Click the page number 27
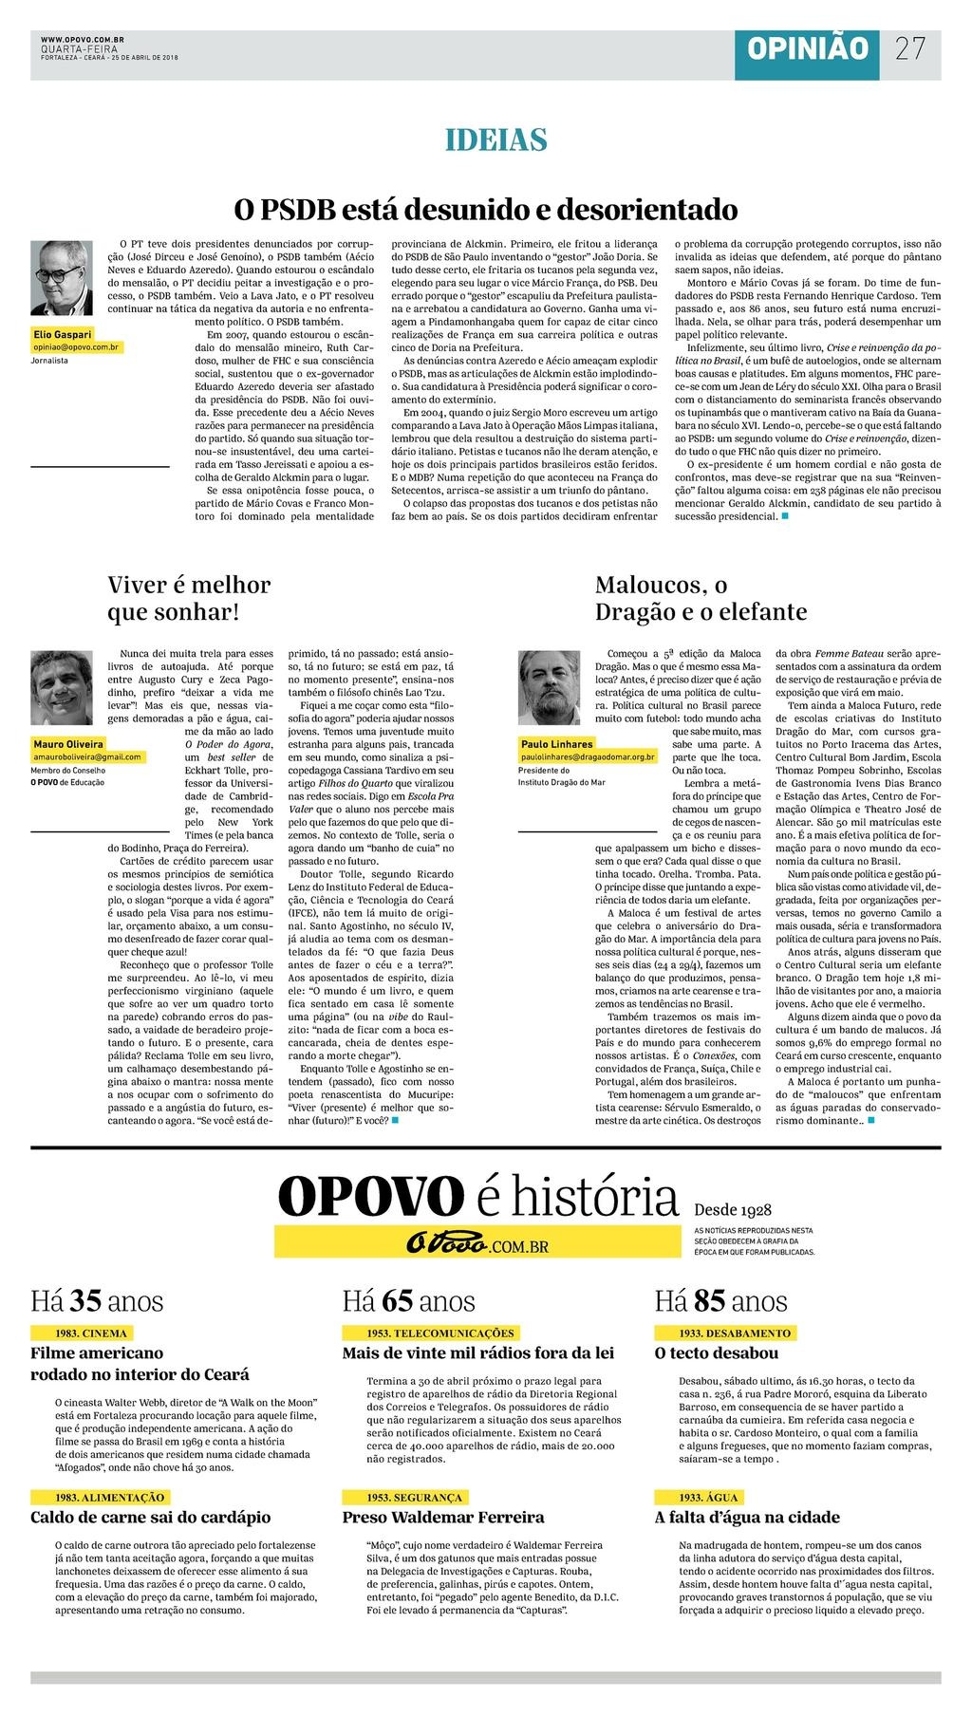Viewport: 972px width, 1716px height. [x=909, y=48]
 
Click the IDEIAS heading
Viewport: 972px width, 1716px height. [x=496, y=140]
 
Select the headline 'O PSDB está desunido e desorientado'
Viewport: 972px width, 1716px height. [x=486, y=208]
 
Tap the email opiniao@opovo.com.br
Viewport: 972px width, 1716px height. [x=76, y=348]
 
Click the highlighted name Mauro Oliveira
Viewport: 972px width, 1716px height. [x=68, y=744]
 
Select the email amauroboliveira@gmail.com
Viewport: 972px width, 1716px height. [x=87, y=757]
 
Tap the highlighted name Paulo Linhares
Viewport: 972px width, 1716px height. [x=556, y=744]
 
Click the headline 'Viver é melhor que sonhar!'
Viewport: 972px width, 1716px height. [x=189, y=598]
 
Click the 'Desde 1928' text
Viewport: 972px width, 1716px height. [x=733, y=1210]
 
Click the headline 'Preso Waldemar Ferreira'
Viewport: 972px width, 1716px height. [x=443, y=1517]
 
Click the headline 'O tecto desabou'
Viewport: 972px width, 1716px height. [x=717, y=1352]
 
